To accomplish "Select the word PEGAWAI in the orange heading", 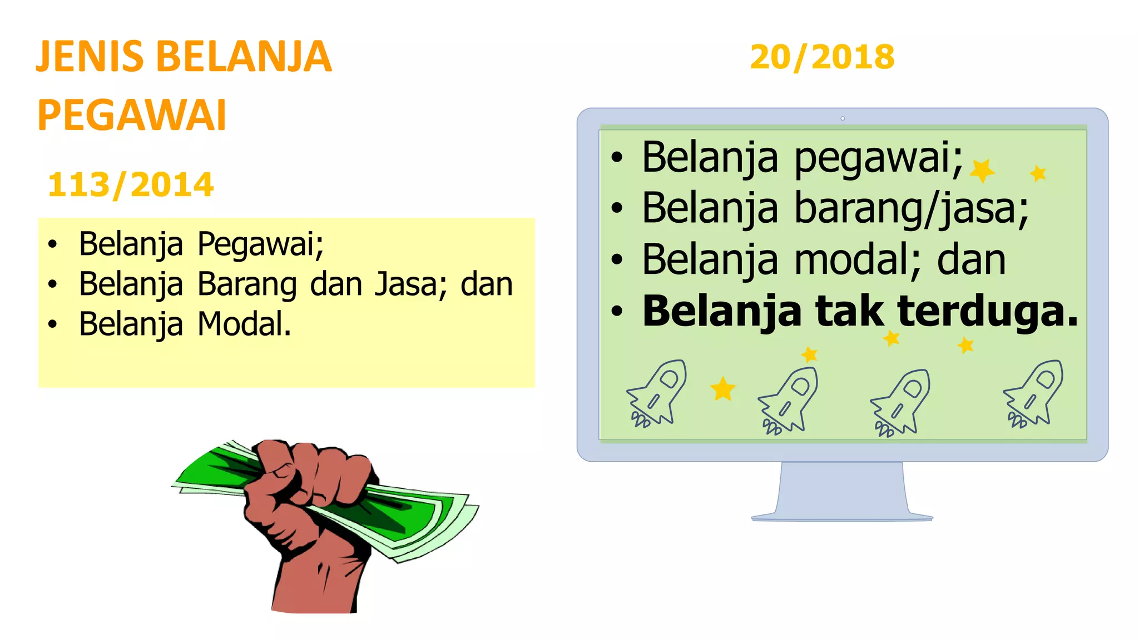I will click(132, 116).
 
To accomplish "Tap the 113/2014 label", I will click(131, 184).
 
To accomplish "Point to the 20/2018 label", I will click(822, 57).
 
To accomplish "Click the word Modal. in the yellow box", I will click(245, 324).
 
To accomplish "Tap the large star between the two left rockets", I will click(723, 389).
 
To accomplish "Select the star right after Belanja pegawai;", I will click(982, 170).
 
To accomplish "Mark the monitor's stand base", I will click(842, 516).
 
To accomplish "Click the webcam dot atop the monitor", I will click(843, 118).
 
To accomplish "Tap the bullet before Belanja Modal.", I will click(52, 324).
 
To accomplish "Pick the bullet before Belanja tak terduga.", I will click(617, 312).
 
